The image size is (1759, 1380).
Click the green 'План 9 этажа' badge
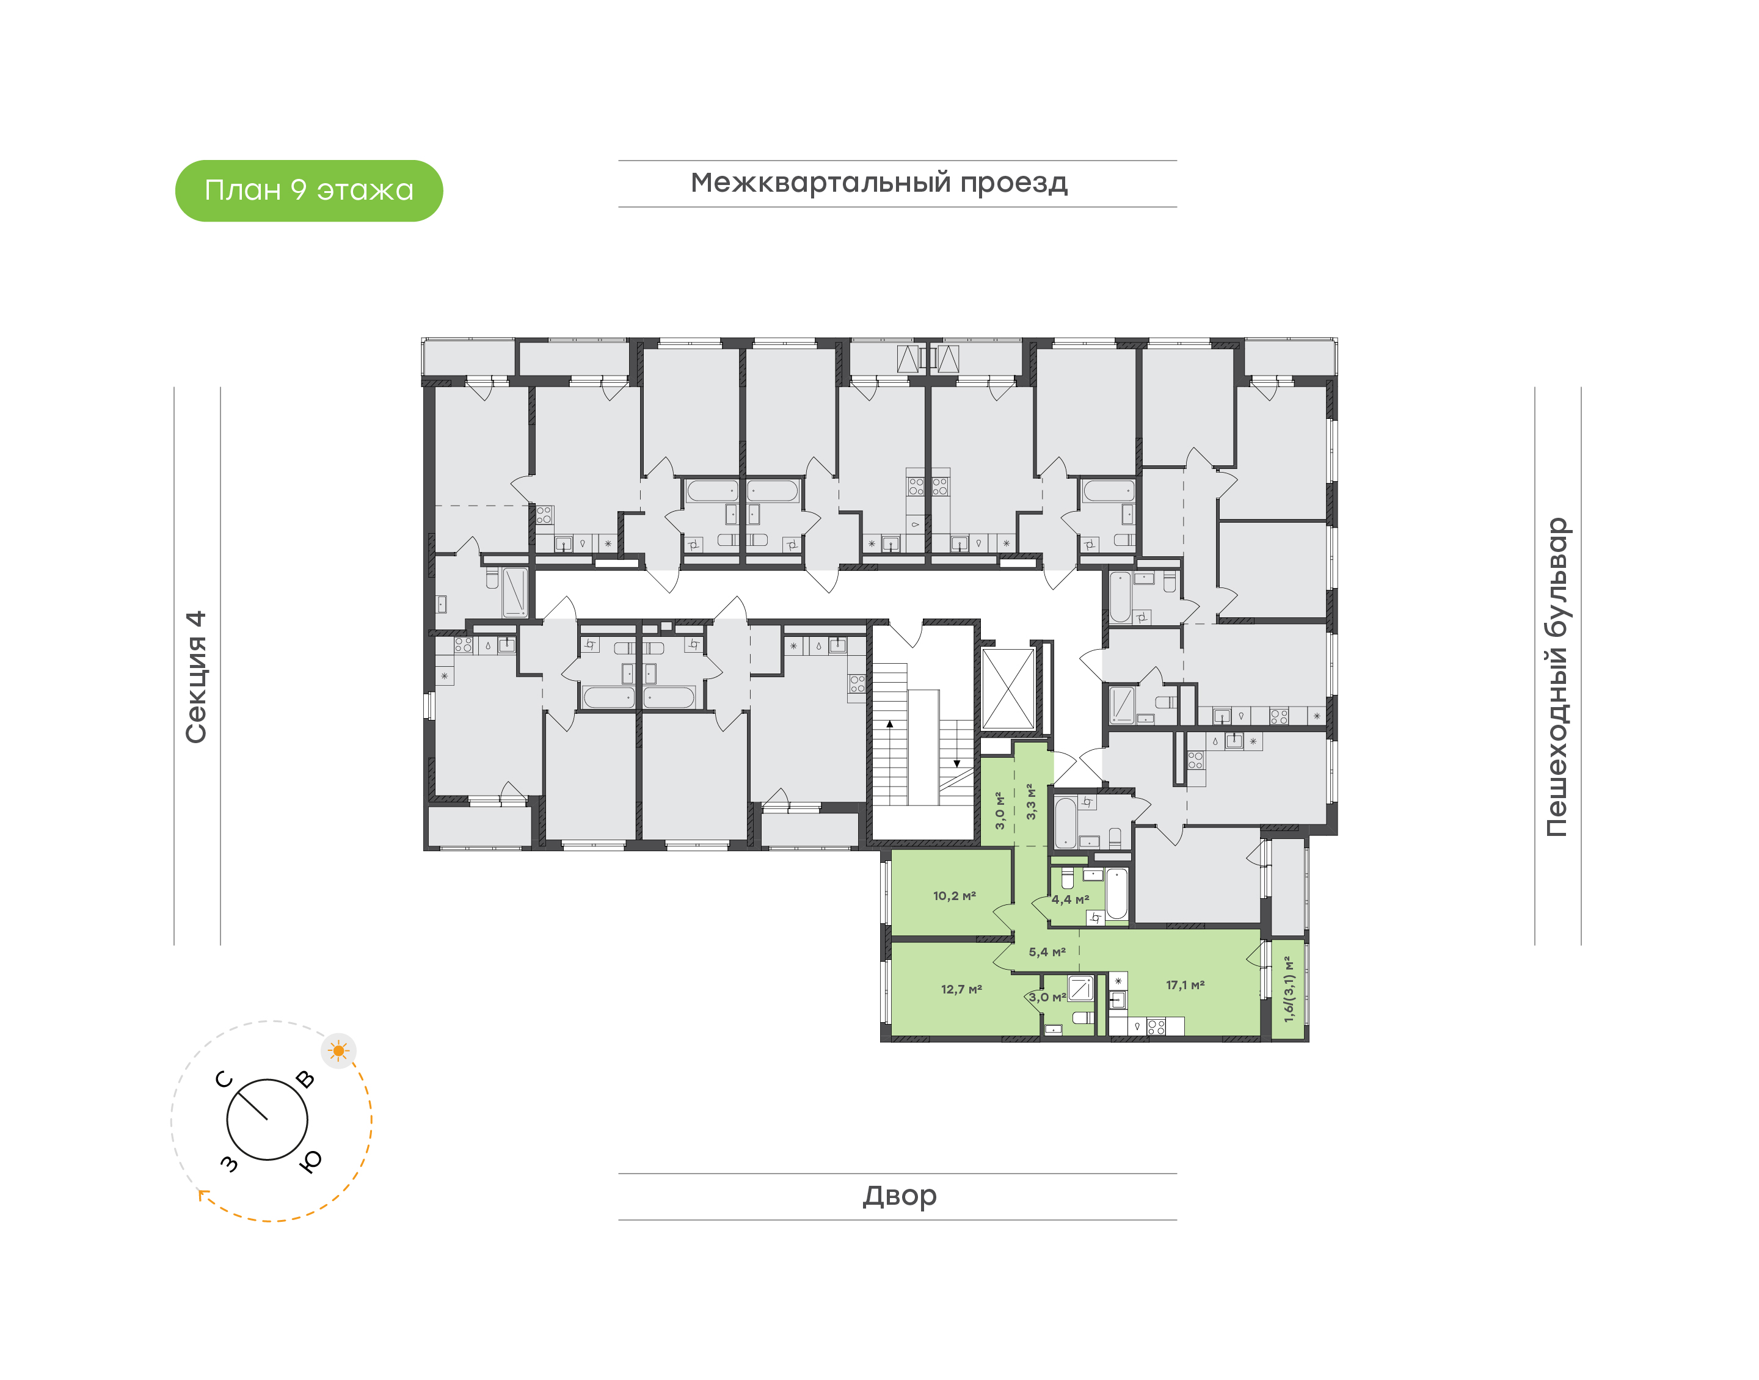pyautogui.click(x=308, y=191)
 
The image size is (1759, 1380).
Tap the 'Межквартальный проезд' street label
pyautogui.click(x=878, y=183)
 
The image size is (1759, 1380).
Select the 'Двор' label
pyautogui.click(x=899, y=1196)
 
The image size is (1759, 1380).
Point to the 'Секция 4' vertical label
pyautogui.click(x=196, y=677)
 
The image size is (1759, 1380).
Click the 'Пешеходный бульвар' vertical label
pyautogui.click(x=1556, y=677)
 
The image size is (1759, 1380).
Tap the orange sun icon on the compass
pyautogui.click(x=338, y=1050)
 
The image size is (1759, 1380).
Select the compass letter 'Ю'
pyautogui.click(x=310, y=1161)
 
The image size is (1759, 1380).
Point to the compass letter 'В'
pyautogui.click(x=305, y=1080)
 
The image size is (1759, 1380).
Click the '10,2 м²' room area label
pyautogui.click(x=954, y=895)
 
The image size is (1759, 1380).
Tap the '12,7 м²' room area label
pyautogui.click(x=961, y=989)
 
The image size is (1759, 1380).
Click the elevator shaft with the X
pyautogui.click(x=1008, y=688)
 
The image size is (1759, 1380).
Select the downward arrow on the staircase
pyautogui.click(x=956, y=743)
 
